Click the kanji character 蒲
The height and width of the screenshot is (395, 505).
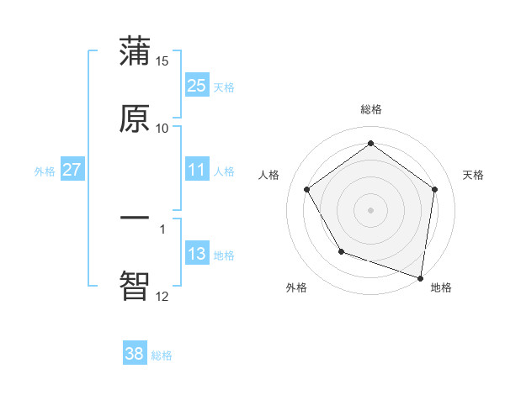pyautogui.click(x=135, y=52)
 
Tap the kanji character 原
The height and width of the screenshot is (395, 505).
pyautogui.click(x=135, y=119)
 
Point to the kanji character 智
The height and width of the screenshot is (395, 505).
pyautogui.click(x=135, y=286)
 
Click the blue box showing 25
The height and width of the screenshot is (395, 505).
pyautogui.click(x=196, y=85)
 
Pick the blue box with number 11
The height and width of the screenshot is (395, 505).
pyautogui.click(x=196, y=170)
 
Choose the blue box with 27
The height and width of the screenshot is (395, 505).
pyautogui.click(x=72, y=170)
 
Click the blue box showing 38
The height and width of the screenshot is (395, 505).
pyautogui.click(x=134, y=354)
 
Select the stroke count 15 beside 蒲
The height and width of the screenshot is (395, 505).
pyautogui.click(x=162, y=61)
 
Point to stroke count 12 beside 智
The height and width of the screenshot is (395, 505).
pyautogui.click(x=162, y=296)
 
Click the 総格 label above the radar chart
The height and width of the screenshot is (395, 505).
pyautogui.click(x=371, y=109)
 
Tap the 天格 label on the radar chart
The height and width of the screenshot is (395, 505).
pyautogui.click(x=473, y=175)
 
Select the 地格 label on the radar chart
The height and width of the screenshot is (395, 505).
pyautogui.click(x=441, y=287)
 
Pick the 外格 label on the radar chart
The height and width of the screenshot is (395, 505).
pyautogui.click(x=296, y=287)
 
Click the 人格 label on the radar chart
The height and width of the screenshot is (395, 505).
pyautogui.click(x=269, y=175)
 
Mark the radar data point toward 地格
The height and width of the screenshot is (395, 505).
pyautogui.click(x=420, y=277)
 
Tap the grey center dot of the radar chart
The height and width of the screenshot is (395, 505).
pyautogui.click(x=370, y=209)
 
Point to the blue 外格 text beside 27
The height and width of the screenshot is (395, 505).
pyautogui.click(x=45, y=171)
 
